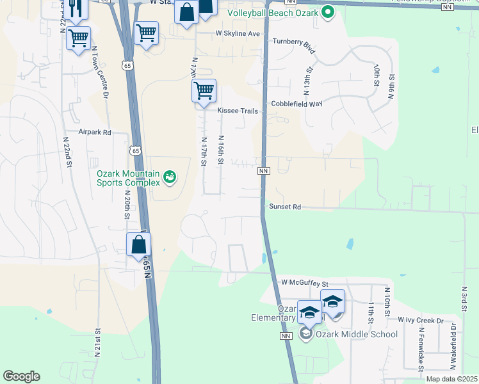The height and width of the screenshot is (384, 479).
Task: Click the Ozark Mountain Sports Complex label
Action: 127,177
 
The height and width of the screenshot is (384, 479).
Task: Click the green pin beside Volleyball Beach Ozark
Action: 328,12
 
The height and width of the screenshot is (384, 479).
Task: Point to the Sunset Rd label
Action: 285,207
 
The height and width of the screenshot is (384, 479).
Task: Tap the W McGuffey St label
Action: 305,282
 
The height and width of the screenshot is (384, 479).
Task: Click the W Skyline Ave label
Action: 238,33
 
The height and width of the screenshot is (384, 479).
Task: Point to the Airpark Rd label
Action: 95,132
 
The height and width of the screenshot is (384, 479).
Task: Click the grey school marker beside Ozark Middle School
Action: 306,333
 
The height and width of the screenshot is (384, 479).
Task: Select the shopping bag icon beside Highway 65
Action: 138,245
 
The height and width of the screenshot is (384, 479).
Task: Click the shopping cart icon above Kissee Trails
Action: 204,92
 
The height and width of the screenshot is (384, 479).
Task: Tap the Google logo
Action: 21,376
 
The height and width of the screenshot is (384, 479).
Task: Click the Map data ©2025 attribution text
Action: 451,379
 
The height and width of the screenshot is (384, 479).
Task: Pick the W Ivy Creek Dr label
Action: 420,320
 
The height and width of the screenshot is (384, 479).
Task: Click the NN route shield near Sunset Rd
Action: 263,171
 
